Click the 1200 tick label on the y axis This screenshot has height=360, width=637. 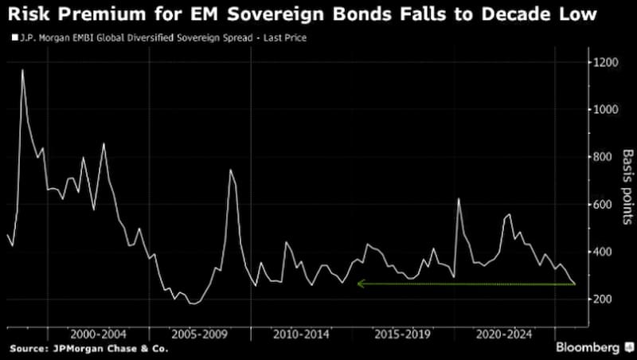[x=606, y=62]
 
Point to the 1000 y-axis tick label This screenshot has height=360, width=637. [x=606, y=110]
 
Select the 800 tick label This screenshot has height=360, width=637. [x=604, y=157]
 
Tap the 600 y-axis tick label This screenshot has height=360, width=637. [x=604, y=205]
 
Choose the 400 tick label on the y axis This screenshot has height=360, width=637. [x=604, y=252]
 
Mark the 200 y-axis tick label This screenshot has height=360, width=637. [x=604, y=299]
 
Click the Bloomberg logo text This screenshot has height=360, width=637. [x=587, y=348]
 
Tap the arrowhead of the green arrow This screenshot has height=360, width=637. [x=359, y=284]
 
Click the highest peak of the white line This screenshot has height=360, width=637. [x=22, y=70]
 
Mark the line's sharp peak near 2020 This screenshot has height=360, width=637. [x=459, y=198]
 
